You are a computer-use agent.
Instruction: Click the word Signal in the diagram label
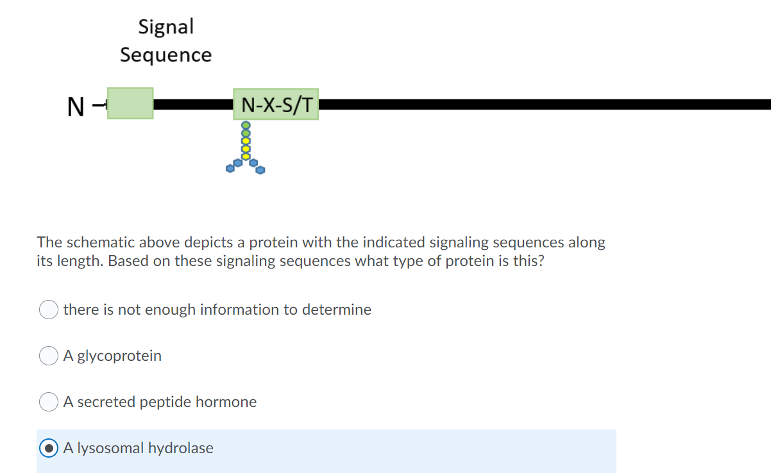pyautogui.click(x=165, y=27)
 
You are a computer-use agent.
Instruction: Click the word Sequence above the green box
pyautogui.click(x=165, y=55)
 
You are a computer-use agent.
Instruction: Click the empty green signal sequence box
pyautogui.click(x=130, y=103)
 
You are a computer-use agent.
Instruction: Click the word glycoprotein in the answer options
pyautogui.click(x=119, y=356)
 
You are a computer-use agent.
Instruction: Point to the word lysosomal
pyautogui.click(x=112, y=448)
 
